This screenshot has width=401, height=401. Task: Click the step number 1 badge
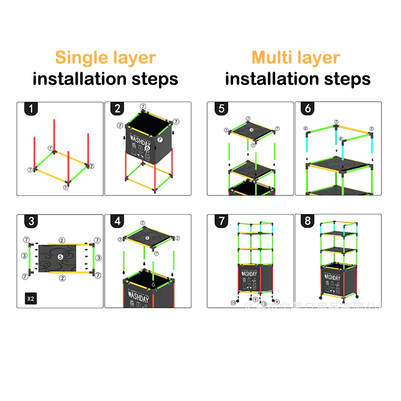(x=31, y=109)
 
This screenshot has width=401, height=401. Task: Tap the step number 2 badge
(x=118, y=109)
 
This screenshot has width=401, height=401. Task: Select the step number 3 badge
(x=31, y=222)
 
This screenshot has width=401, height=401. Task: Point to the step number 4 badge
(x=118, y=222)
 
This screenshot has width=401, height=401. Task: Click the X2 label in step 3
(x=31, y=299)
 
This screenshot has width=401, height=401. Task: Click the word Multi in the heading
(x=273, y=57)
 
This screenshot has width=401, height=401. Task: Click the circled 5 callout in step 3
(x=60, y=257)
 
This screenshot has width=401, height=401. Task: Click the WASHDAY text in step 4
(x=137, y=298)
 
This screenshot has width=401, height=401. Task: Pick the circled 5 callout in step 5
(x=252, y=129)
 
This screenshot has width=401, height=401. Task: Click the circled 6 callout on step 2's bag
(x=147, y=148)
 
